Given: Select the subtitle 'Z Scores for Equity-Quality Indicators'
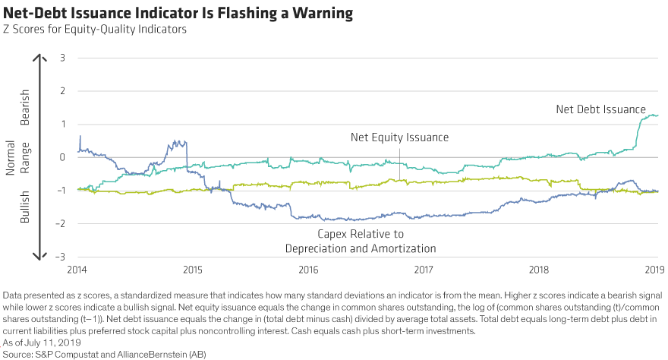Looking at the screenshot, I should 93,30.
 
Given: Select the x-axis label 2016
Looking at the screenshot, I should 308,270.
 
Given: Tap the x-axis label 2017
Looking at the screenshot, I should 424,270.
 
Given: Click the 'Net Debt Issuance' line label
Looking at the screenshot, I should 600,109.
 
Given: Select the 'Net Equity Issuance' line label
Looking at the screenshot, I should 400,137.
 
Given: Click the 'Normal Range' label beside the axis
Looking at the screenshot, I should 17,157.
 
